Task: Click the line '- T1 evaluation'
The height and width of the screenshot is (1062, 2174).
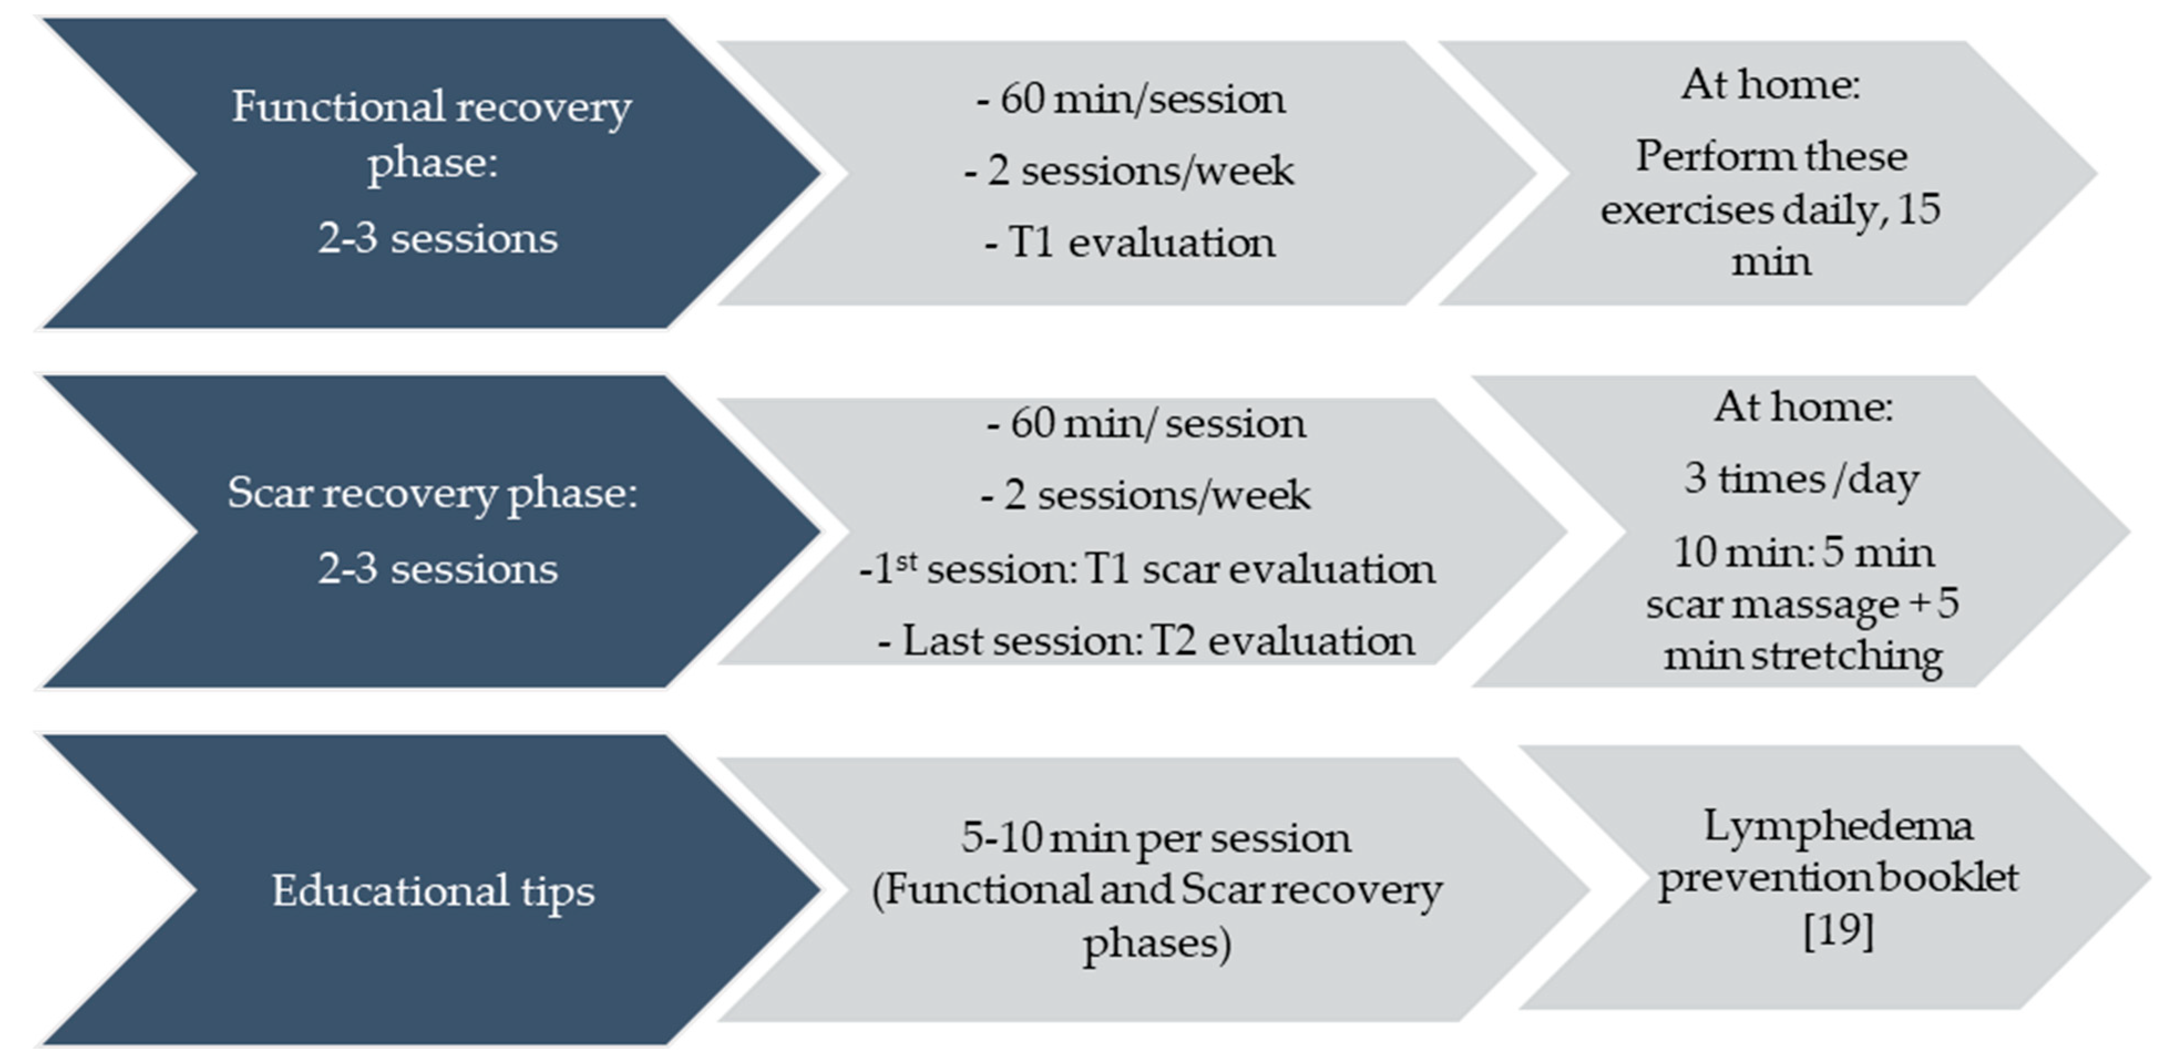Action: pyautogui.click(x=1130, y=243)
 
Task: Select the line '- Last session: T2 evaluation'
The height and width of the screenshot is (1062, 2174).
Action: pyautogui.click(x=1146, y=640)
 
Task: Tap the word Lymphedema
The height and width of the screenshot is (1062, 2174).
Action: pyautogui.click(x=1838, y=826)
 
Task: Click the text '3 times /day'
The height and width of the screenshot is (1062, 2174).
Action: pyautogui.click(x=1802, y=479)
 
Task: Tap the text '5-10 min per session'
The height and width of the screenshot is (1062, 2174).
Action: pyautogui.click(x=1155, y=838)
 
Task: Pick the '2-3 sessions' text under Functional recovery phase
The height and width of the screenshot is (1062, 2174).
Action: pyautogui.click(x=438, y=239)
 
